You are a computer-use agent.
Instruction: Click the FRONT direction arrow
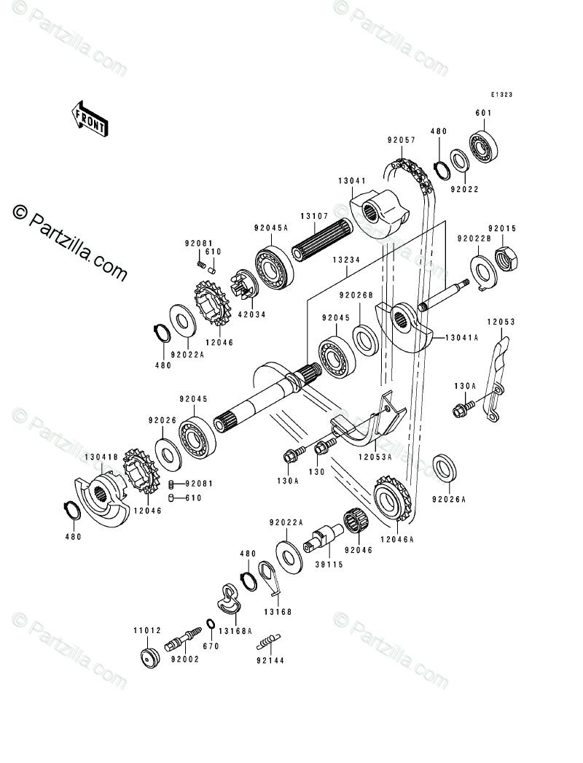click(x=89, y=117)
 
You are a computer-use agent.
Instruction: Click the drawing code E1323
click(x=502, y=96)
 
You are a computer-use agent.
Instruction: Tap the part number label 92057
click(x=402, y=139)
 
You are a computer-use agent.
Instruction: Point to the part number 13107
click(x=316, y=216)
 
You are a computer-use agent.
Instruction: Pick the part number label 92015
click(x=502, y=228)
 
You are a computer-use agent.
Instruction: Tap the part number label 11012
click(x=147, y=630)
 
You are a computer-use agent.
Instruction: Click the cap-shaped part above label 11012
click(x=149, y=656)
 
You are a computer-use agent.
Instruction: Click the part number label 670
click(x=211, y=646)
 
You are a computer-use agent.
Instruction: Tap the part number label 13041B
click(x=101, y=457)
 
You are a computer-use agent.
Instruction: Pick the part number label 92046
click(x=359, y=549)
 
